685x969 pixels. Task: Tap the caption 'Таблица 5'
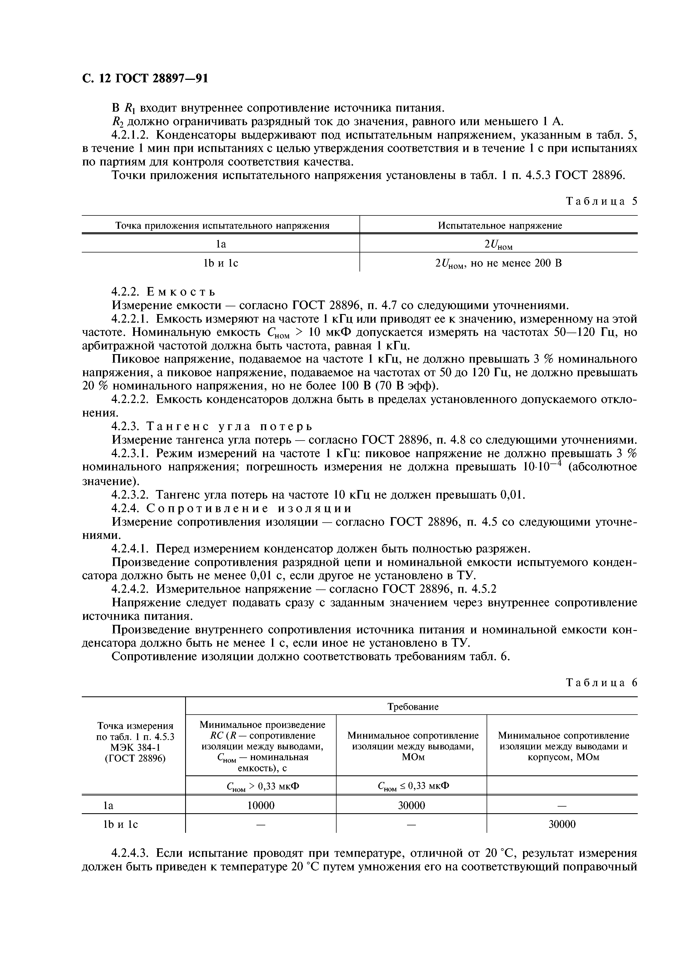pos(601,201)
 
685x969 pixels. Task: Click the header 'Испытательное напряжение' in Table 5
pos(500,226)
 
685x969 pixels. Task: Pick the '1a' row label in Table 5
pos(221,244)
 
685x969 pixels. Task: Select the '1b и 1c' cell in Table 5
pos(221,263)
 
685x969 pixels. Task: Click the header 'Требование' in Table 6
pos(412,707)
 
